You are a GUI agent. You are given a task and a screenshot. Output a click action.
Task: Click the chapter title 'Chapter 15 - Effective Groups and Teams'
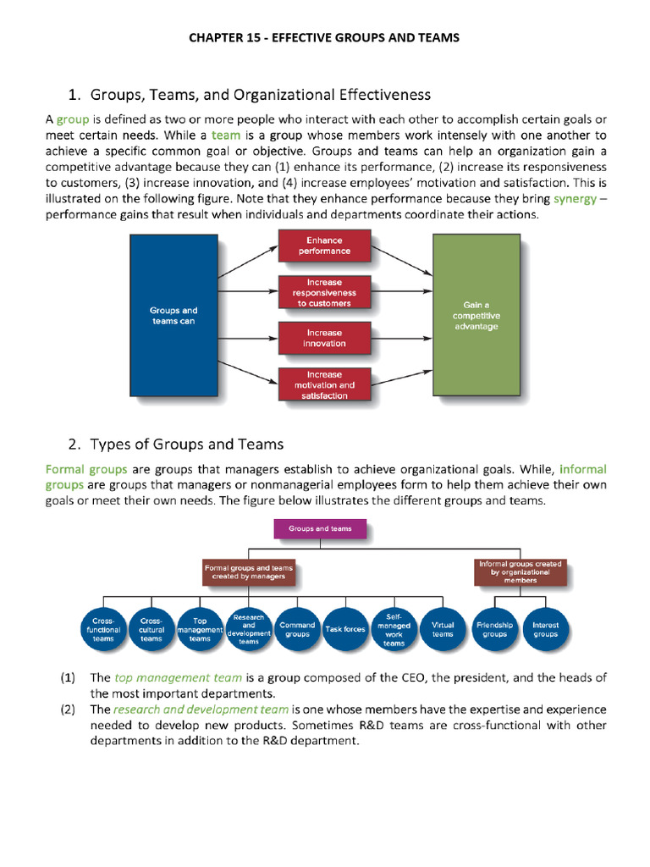click(x=324, y=37)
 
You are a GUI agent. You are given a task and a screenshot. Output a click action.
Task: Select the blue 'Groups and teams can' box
click(x=174, y=315)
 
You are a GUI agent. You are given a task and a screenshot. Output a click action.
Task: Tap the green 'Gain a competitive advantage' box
click(x=476, y=315)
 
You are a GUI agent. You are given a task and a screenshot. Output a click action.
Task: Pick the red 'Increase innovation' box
click(x=325, y=338)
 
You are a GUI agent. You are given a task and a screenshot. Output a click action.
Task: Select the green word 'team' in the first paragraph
click(x=226, y=135)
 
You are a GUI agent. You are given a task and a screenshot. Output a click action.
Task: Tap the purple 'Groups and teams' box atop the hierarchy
click(x=320, y=529)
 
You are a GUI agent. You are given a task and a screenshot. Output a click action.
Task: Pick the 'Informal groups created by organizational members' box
click(x=520, y=572)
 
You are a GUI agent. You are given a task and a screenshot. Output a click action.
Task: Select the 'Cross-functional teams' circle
click(x=103, y=630)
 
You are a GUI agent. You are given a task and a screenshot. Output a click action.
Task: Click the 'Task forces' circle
click(x=345, y=630)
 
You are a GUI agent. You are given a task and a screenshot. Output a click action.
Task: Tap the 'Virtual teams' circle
click(x=443, y=630)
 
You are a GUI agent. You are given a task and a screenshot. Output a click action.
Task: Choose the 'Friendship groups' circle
click(x=495, y=630)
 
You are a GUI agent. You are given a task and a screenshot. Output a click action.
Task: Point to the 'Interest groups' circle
click(x=545, y=630)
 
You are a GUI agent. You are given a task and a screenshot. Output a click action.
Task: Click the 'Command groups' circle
click(x=297, y=630)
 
